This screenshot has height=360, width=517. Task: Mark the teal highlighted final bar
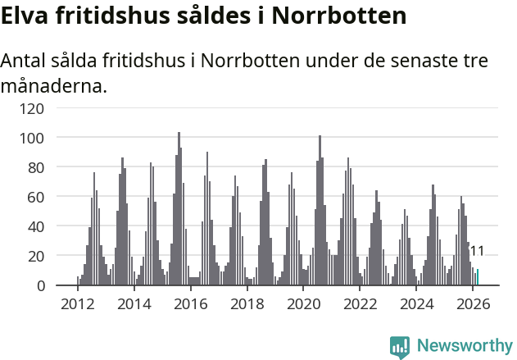pos(478,277)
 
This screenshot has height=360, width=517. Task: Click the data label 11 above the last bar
pos(477,252)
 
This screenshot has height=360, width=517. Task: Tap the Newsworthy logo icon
pos(400,346)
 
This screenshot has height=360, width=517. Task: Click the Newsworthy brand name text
pos(465,346)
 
